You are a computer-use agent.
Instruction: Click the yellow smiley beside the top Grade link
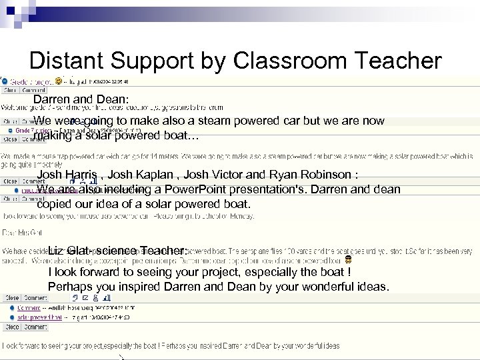[59, 81]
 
